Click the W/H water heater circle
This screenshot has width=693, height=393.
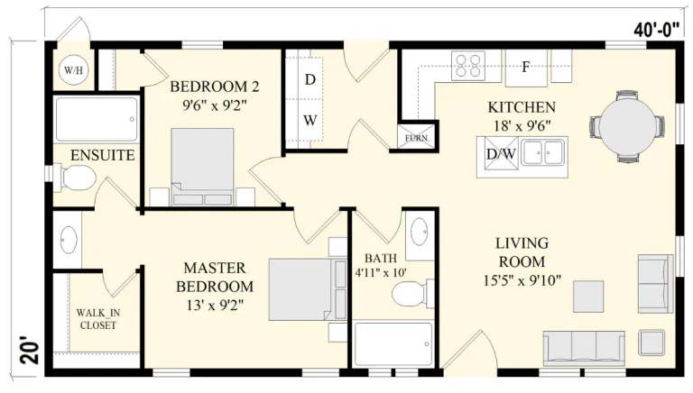pyautogui.click(x=73, y=69)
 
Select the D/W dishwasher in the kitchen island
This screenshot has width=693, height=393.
pyautogui.click(x=501, y=153)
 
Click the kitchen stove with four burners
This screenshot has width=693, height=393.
pyautogui.click(x=468, y=66)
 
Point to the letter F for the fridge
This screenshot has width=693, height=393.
pyautogui.click(x=525, y=67)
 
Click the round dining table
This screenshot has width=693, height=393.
pyautogui.click(x=627, y=127)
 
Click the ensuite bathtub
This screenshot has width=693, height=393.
pyautogui.click(x=97, y=119)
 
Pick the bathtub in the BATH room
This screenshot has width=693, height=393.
pyautogui.click(x=393, y=344)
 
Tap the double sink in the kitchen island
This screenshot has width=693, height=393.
pyautogui.click(x=542, y=152)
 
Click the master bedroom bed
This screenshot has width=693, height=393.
pyautogui.click(x=308, y=289)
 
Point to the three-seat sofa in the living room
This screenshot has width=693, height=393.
pyautogui.click(x=584, y=348)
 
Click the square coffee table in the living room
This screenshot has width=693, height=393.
pyautogui.click(x=588, y=297)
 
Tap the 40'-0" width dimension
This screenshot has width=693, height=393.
pyautogui.click(x=656, y=30)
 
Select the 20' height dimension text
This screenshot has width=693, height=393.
pyautogui.click(x=30, y=352)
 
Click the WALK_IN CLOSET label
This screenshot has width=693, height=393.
pyautogui.click(x=98, y=319)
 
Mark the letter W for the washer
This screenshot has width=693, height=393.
pyautogui.click(x=310, y=120)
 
